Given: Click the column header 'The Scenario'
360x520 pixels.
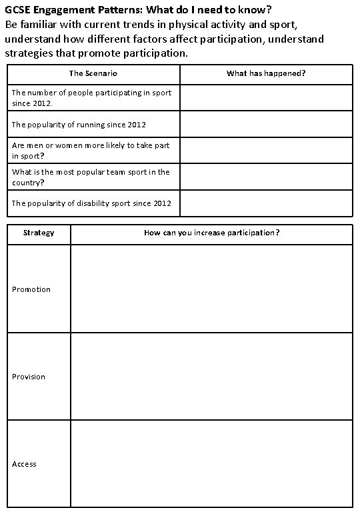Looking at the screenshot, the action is [93, 73].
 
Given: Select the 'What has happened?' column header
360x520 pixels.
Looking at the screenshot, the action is [266, 73].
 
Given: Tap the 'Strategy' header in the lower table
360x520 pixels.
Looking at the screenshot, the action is [39, 233].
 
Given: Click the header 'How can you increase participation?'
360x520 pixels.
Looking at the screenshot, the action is [211, 233].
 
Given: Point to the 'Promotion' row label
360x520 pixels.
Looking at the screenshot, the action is [31, 289].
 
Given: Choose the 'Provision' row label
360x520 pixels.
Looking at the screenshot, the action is [29, 377].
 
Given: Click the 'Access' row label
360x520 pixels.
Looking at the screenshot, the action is [24, 464].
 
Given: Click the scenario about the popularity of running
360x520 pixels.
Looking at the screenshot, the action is [79, 125].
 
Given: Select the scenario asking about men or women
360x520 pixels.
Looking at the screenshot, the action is [91, 150].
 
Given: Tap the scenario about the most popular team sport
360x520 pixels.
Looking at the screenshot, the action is [91, 177].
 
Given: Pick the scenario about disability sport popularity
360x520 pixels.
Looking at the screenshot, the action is [91, 203].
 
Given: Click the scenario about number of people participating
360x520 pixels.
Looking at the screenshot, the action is [91, 97].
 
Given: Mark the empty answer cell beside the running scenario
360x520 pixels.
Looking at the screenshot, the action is [266, 125].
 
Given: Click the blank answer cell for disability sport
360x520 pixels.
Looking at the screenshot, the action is [266, 203].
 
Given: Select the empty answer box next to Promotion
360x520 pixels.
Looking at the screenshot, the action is [211, 289].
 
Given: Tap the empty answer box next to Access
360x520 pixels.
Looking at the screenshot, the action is [211, 464].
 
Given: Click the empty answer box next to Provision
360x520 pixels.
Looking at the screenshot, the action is [211, 377].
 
